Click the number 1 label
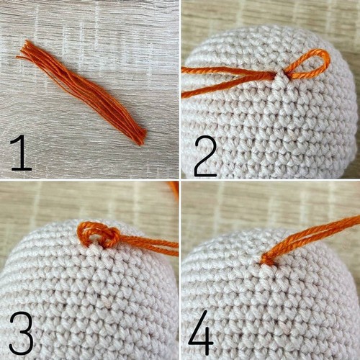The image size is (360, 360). coord(21,153)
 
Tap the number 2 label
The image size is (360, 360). coord(205,156)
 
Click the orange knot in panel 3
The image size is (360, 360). coord(99,234)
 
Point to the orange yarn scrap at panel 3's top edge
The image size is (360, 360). coord(174,189)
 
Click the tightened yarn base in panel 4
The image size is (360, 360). coord(266,260)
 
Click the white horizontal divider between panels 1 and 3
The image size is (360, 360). coord(89,179)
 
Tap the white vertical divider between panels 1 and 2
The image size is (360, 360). coord(180,89)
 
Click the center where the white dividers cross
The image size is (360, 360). coord(180,179)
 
